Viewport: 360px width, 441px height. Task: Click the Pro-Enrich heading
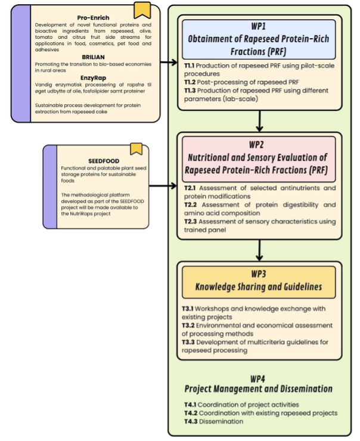pos(93,18)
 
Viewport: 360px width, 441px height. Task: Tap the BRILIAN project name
pos(93,57)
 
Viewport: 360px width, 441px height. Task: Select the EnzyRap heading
pos(93,78)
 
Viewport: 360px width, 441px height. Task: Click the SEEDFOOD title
pos(104,161)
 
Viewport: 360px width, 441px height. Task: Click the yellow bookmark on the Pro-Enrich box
pos(142,10)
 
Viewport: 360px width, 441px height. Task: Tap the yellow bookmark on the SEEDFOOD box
pos(136,149)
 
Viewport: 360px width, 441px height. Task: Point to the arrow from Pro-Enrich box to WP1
pos(169,62)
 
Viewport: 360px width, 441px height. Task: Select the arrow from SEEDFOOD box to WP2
pos(163,185)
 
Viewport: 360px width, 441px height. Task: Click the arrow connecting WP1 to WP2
pos(259,121)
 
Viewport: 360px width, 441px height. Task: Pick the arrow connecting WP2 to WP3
pos(259,250)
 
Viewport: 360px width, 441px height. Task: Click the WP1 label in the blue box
pos(259,26)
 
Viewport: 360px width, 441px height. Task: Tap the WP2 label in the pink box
pos(256,145)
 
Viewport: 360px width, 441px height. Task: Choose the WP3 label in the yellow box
pos(259,274)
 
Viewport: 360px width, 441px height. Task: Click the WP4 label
pos(257,379)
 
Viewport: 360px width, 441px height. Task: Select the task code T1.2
pos(190,82)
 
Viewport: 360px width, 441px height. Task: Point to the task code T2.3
pos(190,222)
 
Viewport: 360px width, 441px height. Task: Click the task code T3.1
pos(187,309)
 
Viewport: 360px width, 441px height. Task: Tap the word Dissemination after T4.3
pos(221,421)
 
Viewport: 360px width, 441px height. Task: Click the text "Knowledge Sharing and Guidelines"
pos(259,287)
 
